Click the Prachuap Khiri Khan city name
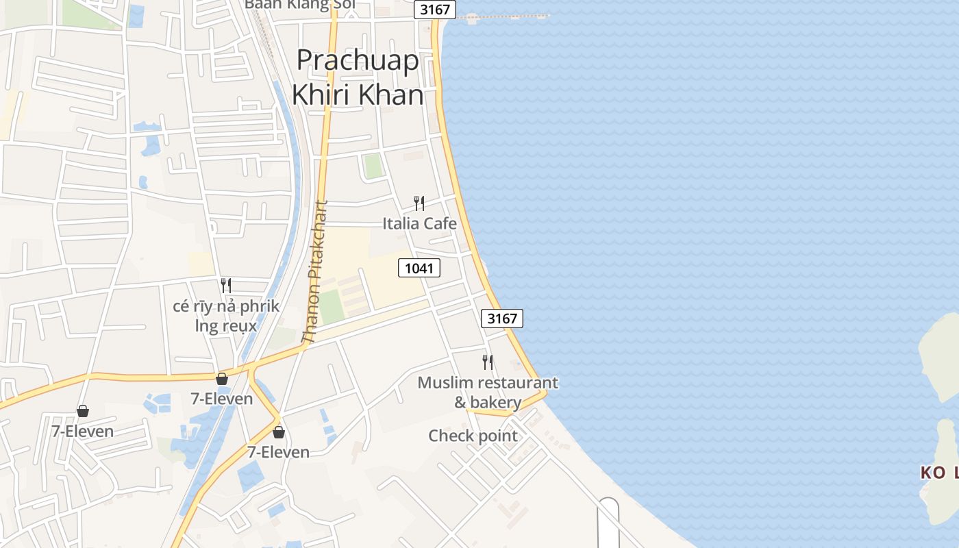pos(357,77)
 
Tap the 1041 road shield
pos(419,268)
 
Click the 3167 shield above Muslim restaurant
pos(502,318)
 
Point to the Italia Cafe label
pos(419,223)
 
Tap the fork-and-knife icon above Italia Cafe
pos(419,203)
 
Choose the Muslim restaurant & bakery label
pos(488,392)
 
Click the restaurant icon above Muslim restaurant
pos(488,362)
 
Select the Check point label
pos(473,436)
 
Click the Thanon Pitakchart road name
pos(315,271)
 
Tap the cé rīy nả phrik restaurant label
pos(226,315)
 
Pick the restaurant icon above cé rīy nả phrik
pos(226,285)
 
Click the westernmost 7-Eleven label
pos(83,432)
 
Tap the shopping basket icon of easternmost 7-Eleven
pos(279,432)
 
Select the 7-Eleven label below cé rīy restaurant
pos(222,398)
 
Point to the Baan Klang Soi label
pos(300,5)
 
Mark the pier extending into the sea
pos(507,16)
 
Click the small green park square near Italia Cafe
pos(373,166)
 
